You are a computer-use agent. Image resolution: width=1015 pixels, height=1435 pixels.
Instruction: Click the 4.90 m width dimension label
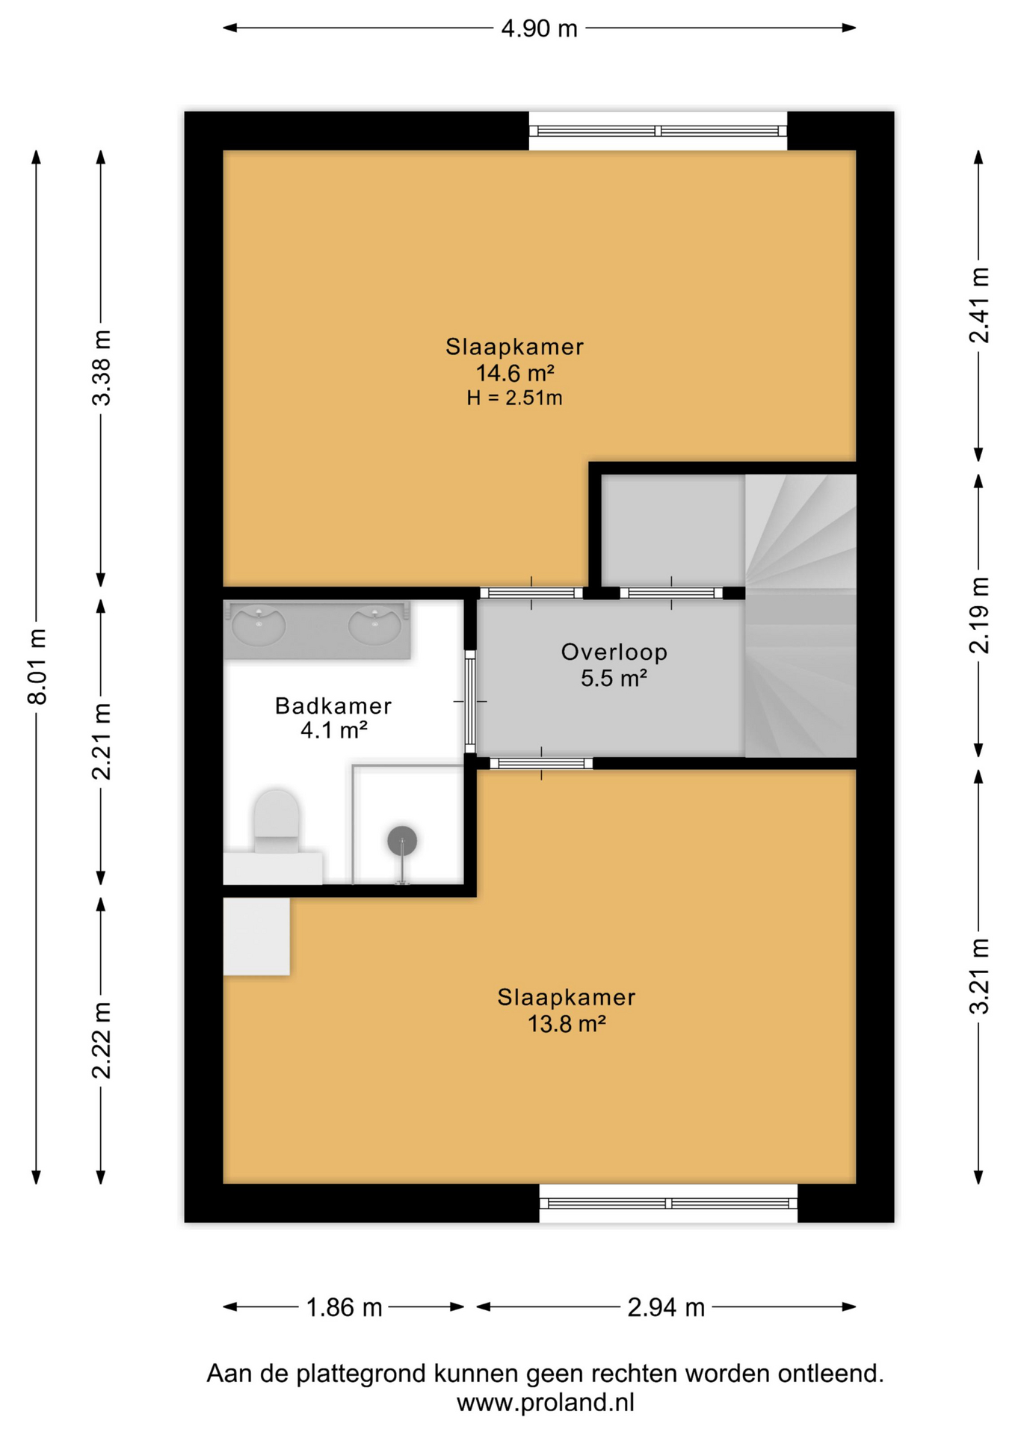click(x=539, y=28)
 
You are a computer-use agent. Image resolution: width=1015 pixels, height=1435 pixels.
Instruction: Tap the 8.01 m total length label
click(x=37, y=666)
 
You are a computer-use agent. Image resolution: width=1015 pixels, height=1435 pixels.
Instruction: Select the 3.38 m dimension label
click(x=102, y=368)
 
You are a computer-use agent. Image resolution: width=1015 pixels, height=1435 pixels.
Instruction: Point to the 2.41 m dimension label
click(x=979, y=305)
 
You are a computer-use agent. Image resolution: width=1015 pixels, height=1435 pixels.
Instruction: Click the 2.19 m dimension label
click(x=979, y=615)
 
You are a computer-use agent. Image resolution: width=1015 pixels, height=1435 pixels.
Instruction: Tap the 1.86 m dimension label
click(x=345, y=1307)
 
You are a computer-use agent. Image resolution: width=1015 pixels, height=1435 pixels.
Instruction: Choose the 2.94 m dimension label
click(x=666, y=1307)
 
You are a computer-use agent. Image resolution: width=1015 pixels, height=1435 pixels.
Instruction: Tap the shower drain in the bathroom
click(x=402, y=841)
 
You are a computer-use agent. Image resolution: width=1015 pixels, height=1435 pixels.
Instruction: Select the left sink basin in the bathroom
click(x=259, y=625)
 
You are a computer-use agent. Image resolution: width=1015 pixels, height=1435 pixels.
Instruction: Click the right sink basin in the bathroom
click(x=375, y=625)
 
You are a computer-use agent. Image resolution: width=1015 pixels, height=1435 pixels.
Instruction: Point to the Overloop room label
click(x=614, y=652)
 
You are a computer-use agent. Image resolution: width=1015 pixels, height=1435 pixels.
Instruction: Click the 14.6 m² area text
click(x=515, y=372)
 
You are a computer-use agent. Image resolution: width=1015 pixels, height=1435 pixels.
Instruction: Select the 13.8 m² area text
click(x=567, y=1023)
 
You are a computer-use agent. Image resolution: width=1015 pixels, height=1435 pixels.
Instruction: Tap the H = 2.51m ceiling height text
click(x=515, y=398)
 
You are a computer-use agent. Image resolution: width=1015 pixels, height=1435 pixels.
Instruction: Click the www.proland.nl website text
click(x=546, y=1403)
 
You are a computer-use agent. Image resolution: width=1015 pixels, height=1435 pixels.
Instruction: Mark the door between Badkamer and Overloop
click(x=470, y=701)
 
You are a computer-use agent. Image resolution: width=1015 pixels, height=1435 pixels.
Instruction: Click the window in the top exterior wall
click(x=658, y=131)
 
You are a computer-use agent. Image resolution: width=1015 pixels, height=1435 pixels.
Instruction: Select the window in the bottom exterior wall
click(x=668, y=1203)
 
